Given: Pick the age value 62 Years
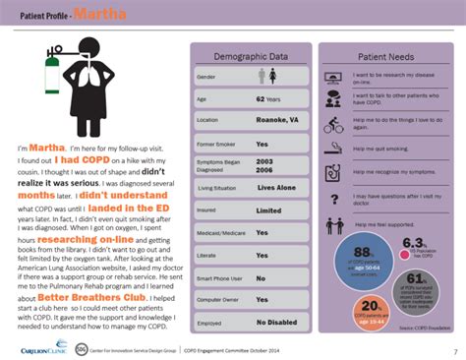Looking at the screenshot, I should click(268, 98).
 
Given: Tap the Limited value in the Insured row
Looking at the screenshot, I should click(267, 210).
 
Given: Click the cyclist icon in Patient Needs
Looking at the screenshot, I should click(333, 125).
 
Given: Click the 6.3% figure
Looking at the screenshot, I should click(413, 243).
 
